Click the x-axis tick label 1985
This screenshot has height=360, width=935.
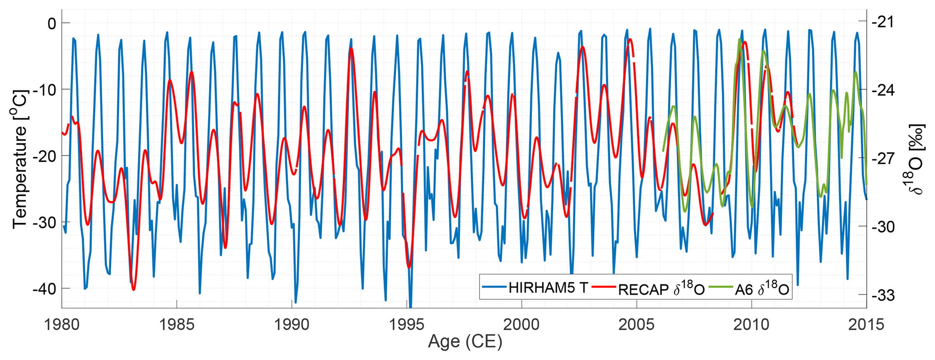point(176,325)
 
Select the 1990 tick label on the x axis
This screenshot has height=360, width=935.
point(292,325)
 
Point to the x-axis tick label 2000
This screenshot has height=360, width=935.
point(522,325)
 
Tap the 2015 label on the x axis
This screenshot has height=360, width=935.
point(866,325)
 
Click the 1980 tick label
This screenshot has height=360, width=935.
point(62,325)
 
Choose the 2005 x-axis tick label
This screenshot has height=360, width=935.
point(636,325)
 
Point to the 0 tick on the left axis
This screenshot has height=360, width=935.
point(51,23)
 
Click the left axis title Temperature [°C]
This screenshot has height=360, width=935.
point(20,159)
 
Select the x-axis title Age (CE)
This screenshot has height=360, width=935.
point(465,342)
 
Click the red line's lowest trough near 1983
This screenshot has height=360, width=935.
point(134,289)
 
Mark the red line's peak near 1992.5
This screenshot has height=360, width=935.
point(351,48)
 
